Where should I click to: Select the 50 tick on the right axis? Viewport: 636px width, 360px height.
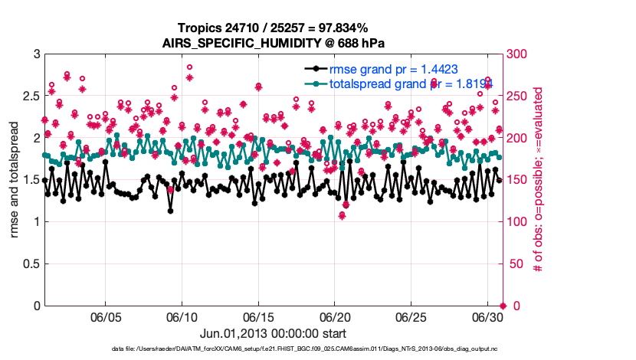coord(516,264)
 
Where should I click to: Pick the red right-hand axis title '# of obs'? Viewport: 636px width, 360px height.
coord(539,180)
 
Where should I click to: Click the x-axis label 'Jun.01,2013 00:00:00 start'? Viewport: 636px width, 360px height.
coord(273,334)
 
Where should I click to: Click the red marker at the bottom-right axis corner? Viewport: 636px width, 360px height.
coord(502,306)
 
